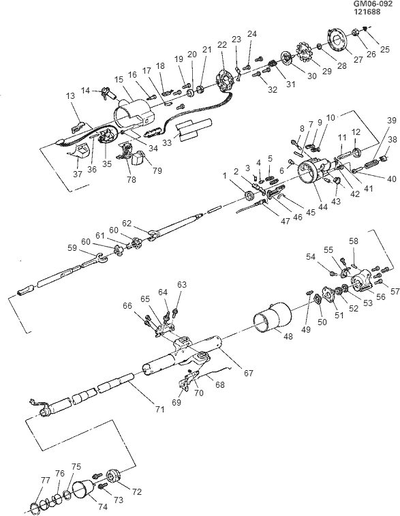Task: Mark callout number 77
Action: (x=45, y=481)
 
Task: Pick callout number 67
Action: (x=248, y=373)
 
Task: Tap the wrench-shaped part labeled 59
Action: (x=99, y=257)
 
